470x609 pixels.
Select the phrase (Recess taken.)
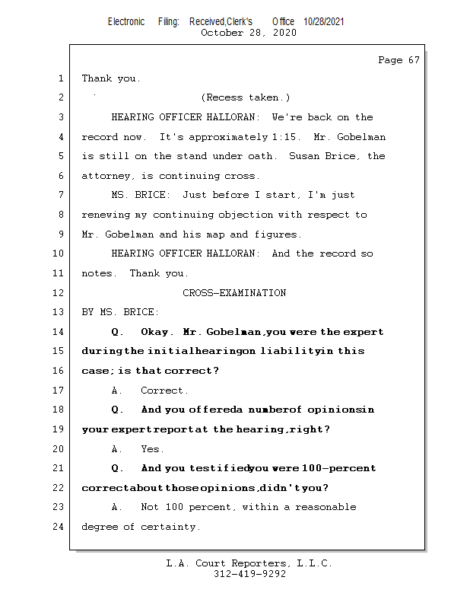(x=245, y=97)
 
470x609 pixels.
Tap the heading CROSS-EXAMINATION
(x=234, y=293)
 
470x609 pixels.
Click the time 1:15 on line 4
(x=280, y=137)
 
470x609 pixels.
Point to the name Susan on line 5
(x=306, y=156)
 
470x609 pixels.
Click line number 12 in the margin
(x=59, y=293)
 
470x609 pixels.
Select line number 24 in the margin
(x=59, y=527)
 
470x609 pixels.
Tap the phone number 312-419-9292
(x=249, y=575)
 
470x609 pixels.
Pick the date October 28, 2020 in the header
(x=249, y=33)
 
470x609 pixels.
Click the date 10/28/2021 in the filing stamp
(x=323, y=22)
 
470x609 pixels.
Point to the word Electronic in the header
(x=126, y=22)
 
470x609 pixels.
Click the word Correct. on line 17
(x=164, y=391)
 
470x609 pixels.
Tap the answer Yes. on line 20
(x=152, y=449)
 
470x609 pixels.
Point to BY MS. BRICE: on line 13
(x=120, y=312)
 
